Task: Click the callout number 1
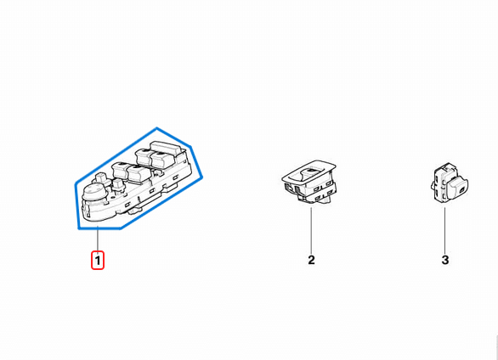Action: tap(98, 261)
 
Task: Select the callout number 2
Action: tap(311, 260)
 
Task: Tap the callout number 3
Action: tap(445, 260)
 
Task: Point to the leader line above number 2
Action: tap(311, 230)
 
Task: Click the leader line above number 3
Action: tap(444, 230)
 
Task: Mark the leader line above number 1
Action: tap(98, 239)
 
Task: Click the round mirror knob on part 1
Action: tap(93, 192)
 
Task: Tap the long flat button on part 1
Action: tap(165, 147)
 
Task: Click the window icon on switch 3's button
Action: tap(461, 191)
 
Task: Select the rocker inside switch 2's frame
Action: tap(311, 174)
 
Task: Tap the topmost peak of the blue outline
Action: tap(157, 128)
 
